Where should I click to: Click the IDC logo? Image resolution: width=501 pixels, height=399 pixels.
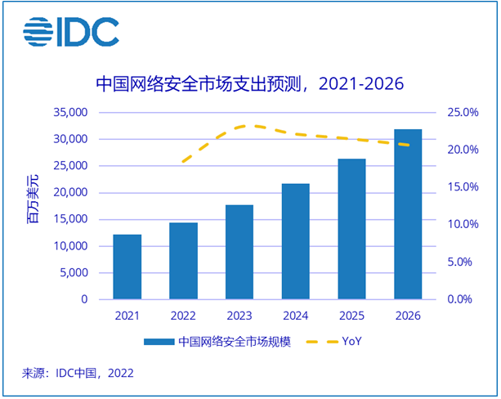pyautogui.click(x=71, y=33)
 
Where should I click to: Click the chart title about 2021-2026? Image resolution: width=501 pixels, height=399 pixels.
pyautogui.click(x=250, y=84)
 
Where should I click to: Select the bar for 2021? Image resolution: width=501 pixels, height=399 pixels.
pyautogui.click(x=127, y=267)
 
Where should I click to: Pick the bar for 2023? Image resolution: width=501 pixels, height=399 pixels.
pyautogui.click(x=239, y=252)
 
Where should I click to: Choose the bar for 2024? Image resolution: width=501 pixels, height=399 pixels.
pyautogui.click(x=296, y=241)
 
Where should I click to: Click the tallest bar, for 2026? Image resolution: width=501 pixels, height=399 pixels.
pyautogui.click(x=408, y=214)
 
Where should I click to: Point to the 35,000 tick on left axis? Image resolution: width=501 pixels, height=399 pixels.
pyautogui.click(x=70, y=112)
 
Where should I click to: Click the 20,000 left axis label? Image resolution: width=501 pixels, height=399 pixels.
pyautogui.click(x=70, y=192)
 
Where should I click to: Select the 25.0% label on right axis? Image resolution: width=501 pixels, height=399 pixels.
pyautogui.click(x=458, y=112)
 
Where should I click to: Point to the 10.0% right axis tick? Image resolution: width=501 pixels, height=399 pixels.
pyautogui.click(x=458, y=224)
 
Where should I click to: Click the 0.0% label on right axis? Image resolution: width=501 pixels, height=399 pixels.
pyautogui.click(x=460, y=299)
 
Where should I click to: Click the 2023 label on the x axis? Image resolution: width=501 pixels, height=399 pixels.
pyautogui.click(x=239, y=316)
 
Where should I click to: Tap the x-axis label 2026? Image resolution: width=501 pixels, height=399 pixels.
pyautogui.click(x=408, y=316)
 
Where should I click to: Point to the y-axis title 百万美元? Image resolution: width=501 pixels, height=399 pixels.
pyautogui.click(x=33, y=205)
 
